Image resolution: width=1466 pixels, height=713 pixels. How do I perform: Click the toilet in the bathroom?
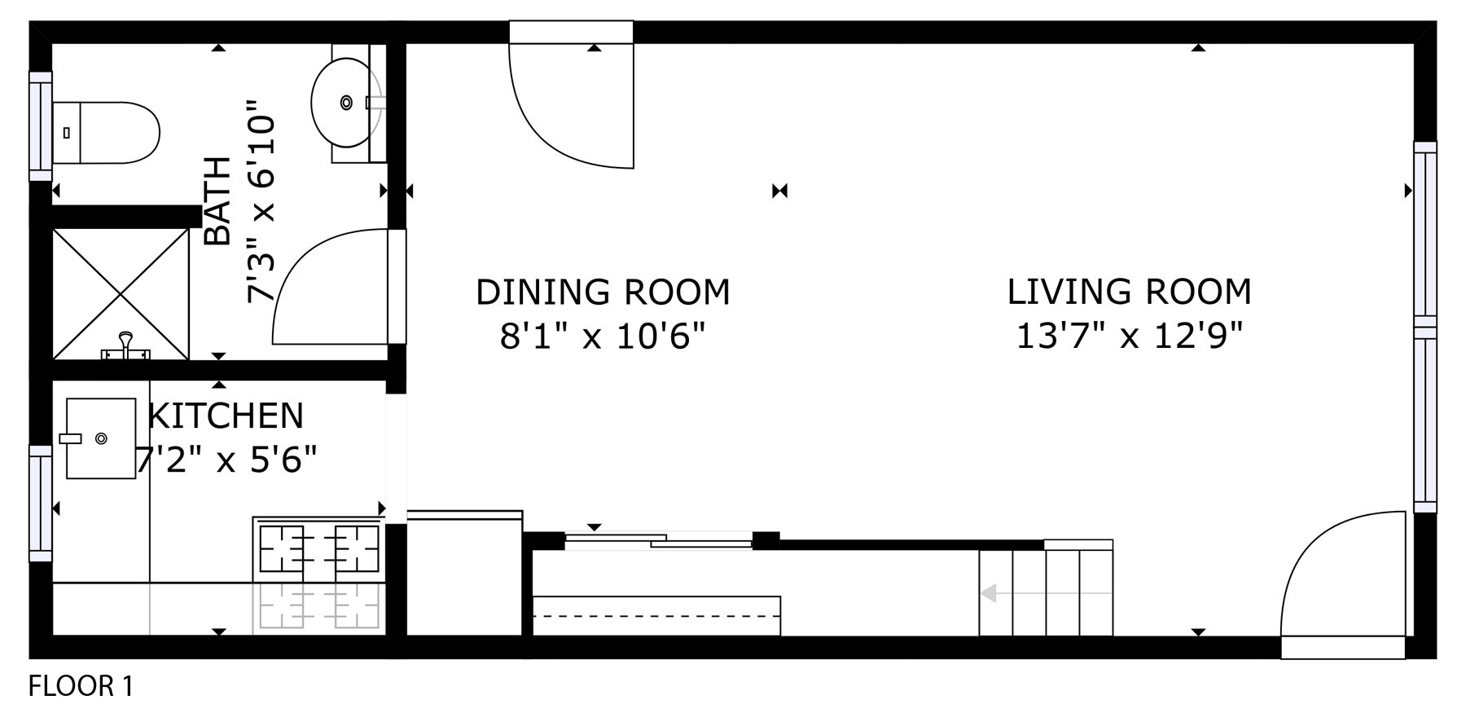click(106, 132)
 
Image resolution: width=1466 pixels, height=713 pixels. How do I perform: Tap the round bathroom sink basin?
click(346, 103)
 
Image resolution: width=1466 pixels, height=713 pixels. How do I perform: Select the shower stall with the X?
click(121, 293)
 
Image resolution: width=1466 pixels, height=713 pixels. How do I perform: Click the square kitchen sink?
click(101, 438)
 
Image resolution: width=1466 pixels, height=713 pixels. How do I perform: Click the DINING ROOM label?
click(603, 293)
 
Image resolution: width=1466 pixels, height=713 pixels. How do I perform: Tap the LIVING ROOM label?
click(1129, 292)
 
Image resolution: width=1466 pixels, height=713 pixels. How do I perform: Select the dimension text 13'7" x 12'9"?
click(1129, 336)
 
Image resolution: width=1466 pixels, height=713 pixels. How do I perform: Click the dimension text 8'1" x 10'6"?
click(603, 336)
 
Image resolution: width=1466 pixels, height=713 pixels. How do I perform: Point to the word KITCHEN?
click(226, 416)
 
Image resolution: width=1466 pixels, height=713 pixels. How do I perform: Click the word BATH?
click(217, 201)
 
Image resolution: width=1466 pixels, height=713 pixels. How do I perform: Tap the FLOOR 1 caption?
click(81, 686)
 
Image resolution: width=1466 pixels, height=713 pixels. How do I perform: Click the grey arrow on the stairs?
click(989, 593)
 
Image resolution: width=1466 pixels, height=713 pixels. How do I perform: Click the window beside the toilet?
click(41, 126)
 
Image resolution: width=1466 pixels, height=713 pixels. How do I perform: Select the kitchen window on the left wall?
click(41, 503)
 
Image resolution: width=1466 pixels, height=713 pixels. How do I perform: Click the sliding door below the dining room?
click(660, 539)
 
